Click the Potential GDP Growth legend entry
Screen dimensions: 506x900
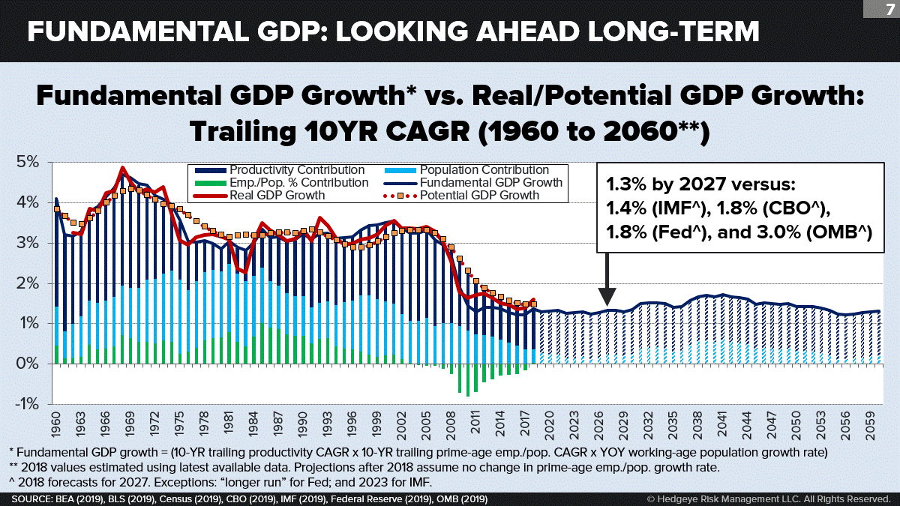pyautogui.click(x=480, y=196)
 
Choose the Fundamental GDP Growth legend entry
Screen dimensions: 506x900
pyautogui.click(x=491, y=183)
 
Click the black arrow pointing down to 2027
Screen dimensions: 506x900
pyautogui.click(x=607, y=277)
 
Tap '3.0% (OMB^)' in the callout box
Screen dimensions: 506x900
pyautogui.click(x=819, y=232)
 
